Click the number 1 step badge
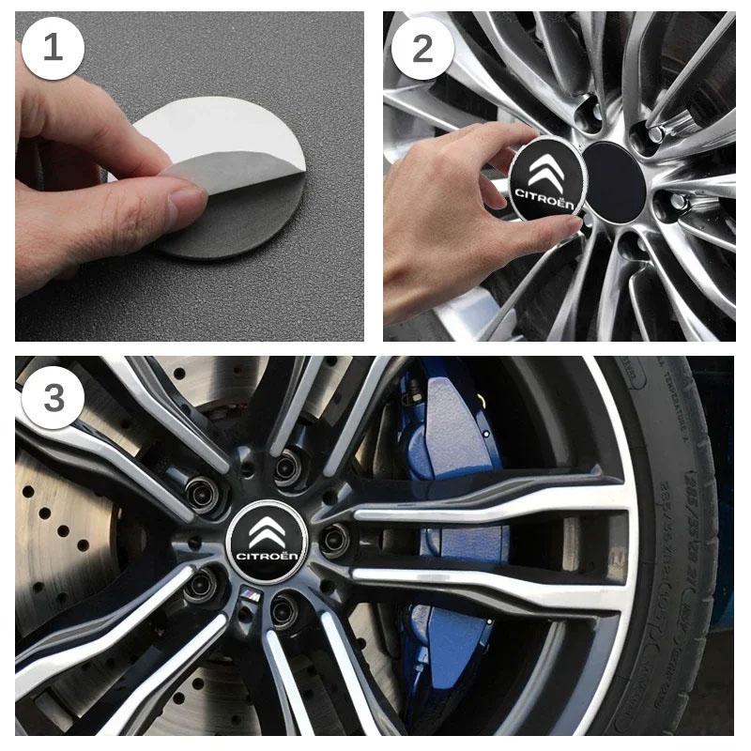53,47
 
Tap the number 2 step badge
422,47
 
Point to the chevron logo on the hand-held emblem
546,169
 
